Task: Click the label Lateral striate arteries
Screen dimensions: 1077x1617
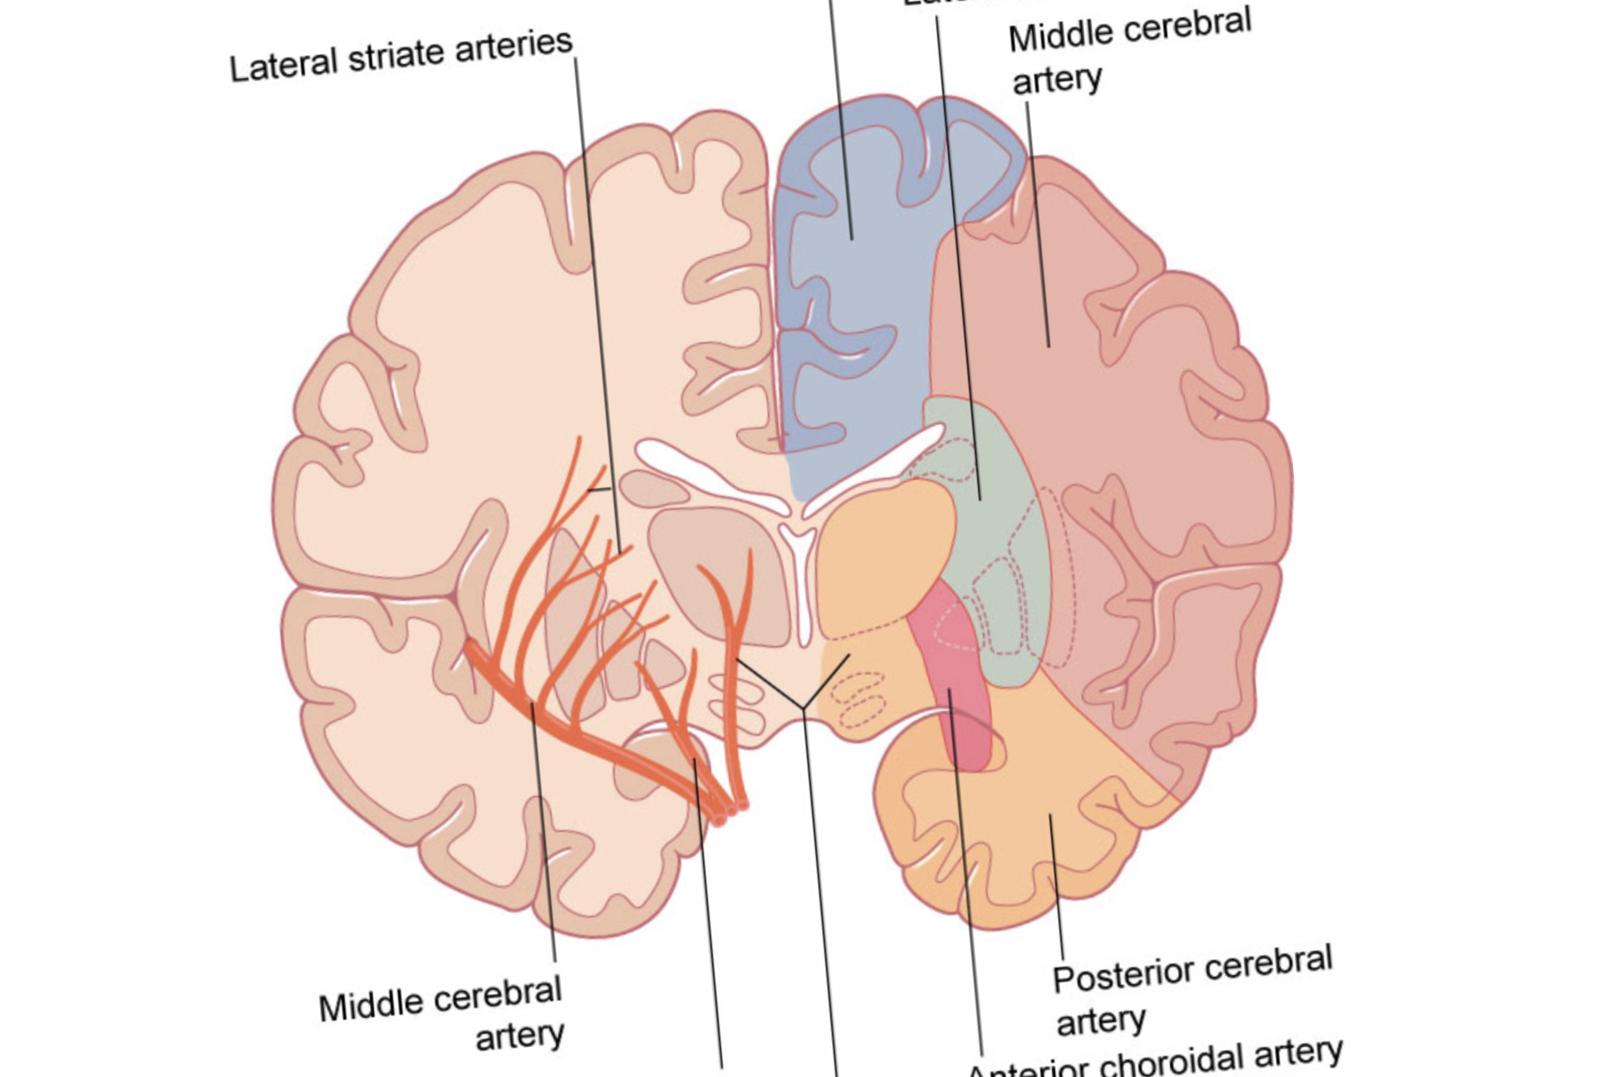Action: (401, 56)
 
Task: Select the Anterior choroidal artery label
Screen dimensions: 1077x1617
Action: (1155, 1059)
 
